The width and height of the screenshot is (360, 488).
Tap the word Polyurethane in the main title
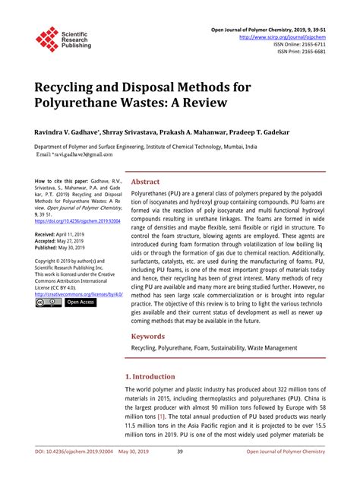point(81,100)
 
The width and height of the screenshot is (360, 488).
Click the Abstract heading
point(145,182)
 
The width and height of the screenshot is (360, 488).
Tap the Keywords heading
point(148,335)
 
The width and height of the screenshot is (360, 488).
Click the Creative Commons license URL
point(79,293)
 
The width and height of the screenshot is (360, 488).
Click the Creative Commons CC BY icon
point(49,303)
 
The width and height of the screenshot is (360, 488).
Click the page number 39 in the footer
point(180,473)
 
